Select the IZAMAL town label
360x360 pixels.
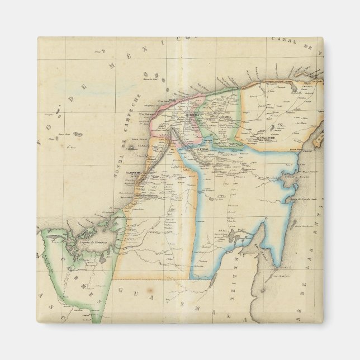[225, 117]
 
